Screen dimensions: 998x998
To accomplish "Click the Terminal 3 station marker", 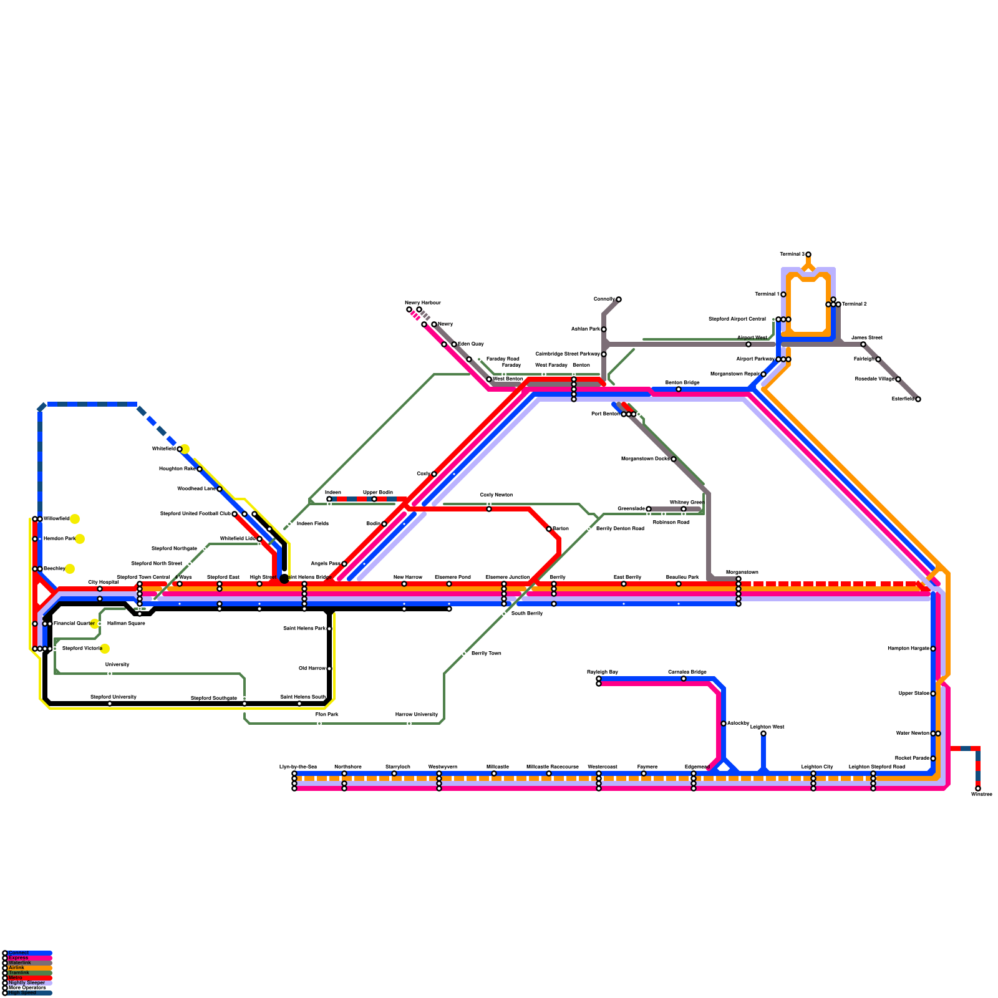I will click(808, 254).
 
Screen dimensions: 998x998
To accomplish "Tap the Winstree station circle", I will click(978, 788).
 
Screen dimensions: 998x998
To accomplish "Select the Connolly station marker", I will click(619, 299).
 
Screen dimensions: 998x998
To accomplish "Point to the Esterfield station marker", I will click(918, 399).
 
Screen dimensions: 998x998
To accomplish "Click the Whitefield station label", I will click(163, 449).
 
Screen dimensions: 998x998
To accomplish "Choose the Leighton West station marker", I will click(763, 734).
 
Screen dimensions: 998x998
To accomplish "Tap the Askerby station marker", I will click(724, 724).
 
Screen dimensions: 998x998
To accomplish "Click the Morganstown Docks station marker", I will click(674, 459).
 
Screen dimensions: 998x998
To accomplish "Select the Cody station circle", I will click(434, 474).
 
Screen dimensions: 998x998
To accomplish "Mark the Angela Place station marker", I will click(344, 564).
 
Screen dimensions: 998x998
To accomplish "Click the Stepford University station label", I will click(114, 697).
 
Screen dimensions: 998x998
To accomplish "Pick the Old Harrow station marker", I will click(329, 669).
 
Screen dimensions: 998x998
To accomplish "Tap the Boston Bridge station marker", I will click(679, 389).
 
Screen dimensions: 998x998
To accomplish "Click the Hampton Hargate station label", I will click(908, 649).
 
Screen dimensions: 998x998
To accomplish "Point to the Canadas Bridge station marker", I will click(684, 679).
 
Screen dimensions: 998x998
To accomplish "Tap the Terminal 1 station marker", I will click(783, 294).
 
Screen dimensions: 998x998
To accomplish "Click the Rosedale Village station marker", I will click(898, 379).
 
